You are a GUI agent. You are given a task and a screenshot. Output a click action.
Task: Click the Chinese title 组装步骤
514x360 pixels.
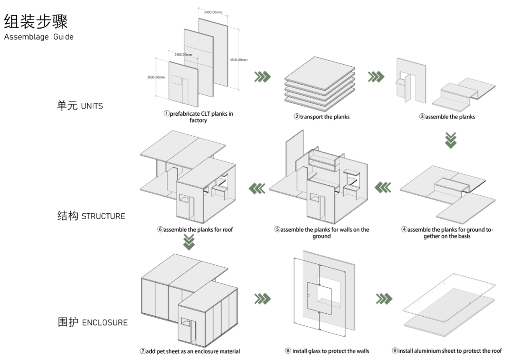(x=36, y=20)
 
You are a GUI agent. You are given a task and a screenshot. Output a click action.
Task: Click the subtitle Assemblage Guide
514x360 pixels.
(x=39, y=37)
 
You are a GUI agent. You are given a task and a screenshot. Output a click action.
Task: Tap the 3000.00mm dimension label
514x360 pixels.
(x=156, y=77)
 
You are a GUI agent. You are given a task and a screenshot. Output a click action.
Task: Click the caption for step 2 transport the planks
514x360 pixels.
(x=321, y=117)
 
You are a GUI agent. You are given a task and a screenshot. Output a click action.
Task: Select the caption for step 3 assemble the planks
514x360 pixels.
(x=447, y=117)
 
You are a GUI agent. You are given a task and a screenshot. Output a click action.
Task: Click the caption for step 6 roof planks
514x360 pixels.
(x=195, y=230)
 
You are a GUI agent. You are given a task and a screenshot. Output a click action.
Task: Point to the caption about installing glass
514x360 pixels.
(x=327, y=351)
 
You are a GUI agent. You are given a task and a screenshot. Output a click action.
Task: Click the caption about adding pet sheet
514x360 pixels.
(x=190, y=351)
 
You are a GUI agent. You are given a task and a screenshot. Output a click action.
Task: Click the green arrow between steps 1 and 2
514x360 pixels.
(x=262, y=76)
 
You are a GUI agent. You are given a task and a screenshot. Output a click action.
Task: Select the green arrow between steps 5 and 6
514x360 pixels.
(x=257, y=189)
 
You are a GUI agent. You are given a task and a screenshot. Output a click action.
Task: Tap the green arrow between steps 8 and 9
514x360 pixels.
(x=384, y=299)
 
